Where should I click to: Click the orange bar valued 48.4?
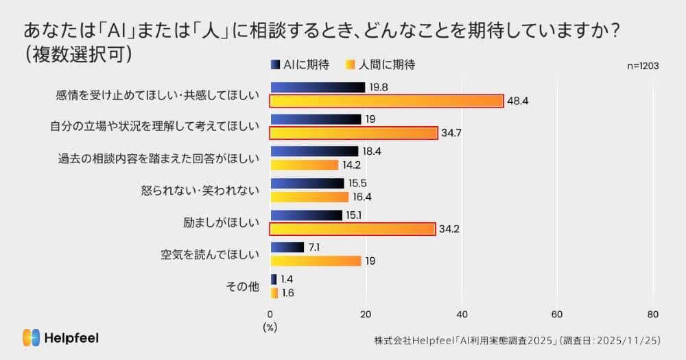pyautogui.click(x=386, y=101)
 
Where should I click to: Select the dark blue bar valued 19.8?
pyautogui.click(x=318, y=87)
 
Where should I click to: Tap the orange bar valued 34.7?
pyautogui.click(x=353, y=133)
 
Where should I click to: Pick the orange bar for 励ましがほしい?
pyautogui.click(x=353, y=229)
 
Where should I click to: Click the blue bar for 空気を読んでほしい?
pyautogui.click(x=287, y=247)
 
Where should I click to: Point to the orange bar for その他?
pyautogui.click(x=274, y=293)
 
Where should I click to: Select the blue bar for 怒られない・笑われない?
pyautogui.click(x=307, y=183)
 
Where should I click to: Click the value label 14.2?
pyautogui.click(x=353, y=165)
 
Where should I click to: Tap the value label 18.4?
pyautogui.click(x=372, y=151)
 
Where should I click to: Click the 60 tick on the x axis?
pyautogui.click(x=557, y=314)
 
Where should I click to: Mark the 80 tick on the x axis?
pyautogui.click(x=652, y=314)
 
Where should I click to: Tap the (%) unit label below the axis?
pyautogui.click(x=270, y=327)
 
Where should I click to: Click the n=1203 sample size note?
pyautogui.click(x=643, y=66)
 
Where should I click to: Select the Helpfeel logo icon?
pyautogui.click(x=31, y=337)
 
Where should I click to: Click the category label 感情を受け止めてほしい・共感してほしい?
pyautogui.click(x=157, y=95)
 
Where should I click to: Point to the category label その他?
pyautogui.click(x=243, y=287)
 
